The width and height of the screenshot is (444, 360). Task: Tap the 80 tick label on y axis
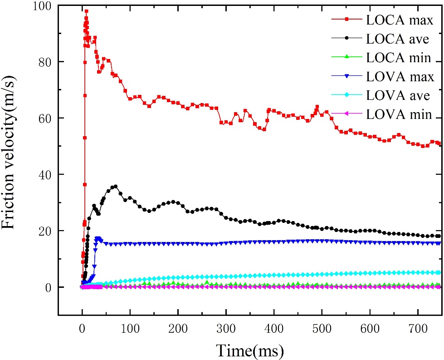[44, 62]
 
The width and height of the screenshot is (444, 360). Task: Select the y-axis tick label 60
[44, 118]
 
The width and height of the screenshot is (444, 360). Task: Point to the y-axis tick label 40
[44, 174]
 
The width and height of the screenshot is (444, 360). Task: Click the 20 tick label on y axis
[44, 231]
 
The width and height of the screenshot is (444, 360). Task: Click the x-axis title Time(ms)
[249, 350]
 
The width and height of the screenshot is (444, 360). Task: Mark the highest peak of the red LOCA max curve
[86, 11]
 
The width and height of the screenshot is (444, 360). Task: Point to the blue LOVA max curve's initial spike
[97, 238]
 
